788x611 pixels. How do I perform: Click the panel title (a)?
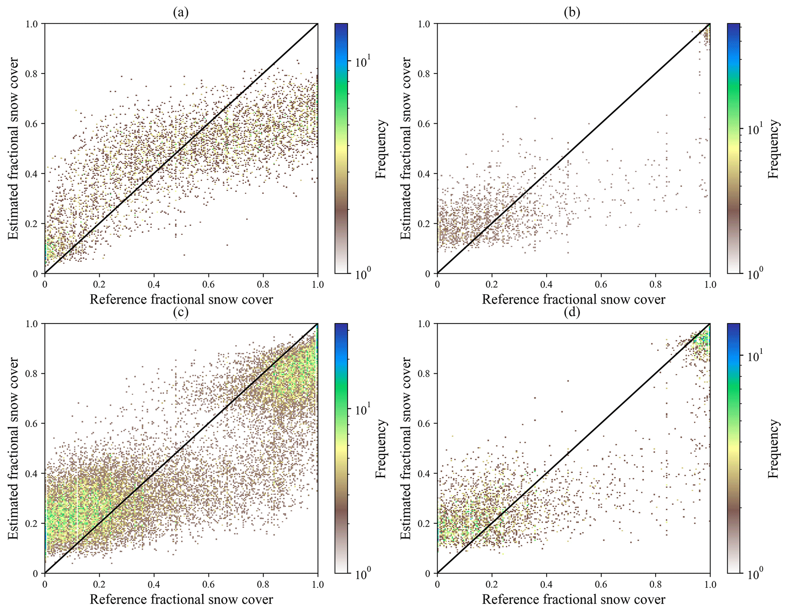pyautogui.click(x=181, y=13)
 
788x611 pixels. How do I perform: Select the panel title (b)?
pyautogui.click(x=572, y=13)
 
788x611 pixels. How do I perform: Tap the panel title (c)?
pyautogui.click(x=181, y=313)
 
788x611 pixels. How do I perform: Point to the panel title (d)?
pyautogui.click(x=572, y=313)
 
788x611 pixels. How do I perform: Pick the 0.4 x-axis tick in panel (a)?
pyautogui.click(x=154, y=284)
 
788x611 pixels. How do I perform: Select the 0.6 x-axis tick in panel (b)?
pyautogui.click(x=601, y=284)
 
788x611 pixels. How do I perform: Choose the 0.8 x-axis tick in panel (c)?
pyautogui.click(x=263, y=584)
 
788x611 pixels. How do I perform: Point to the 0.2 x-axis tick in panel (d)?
pyautogui.click(x=492, y=584)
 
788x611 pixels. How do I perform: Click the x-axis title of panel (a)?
pyautogui.click(x=181, y=299)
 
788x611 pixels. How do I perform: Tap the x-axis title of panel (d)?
pyautogui.click(x=573, y=599)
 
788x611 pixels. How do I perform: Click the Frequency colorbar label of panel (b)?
pyautogui.click(x=773, y=149)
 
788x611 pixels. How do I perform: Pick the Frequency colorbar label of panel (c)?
pyautogui.click(x=381, y=448)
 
